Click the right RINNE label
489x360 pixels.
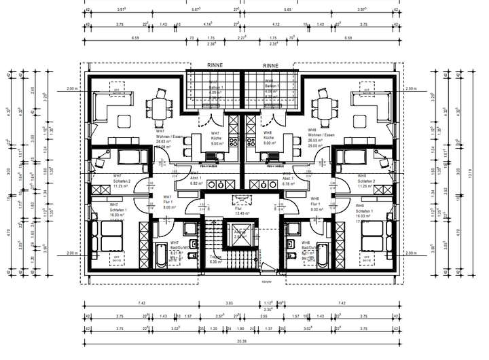[x=271, y=66]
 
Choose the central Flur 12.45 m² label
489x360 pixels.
[x=242, y=211]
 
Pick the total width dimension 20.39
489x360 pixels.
[x=242, y=342]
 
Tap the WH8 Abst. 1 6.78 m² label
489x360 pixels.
[x=287, y=180]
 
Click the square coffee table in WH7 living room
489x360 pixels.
[x=124, y=122]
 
